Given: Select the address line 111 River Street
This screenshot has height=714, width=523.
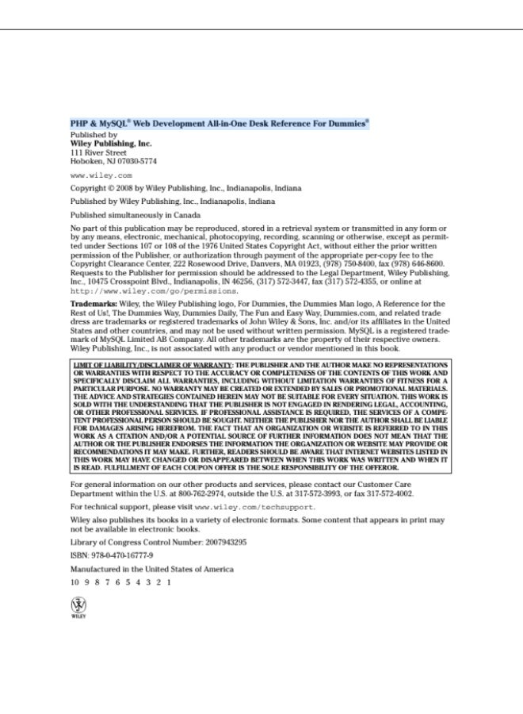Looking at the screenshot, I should pyautogui.click(x=98, y=152).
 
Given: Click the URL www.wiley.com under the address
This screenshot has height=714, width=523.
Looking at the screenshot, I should pyautogui.click(x=101, y=175).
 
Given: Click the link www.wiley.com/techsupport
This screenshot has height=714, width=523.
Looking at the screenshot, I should pyautogui.click(x=254, y=506).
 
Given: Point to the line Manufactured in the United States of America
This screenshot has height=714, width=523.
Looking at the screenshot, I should pyautogui.click(x=152, y=569).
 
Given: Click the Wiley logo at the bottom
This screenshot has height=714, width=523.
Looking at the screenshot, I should pyautogui.click(x=78, y=607).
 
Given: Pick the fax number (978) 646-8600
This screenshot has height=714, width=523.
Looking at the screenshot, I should pyautogui.click(x=418, y=264).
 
